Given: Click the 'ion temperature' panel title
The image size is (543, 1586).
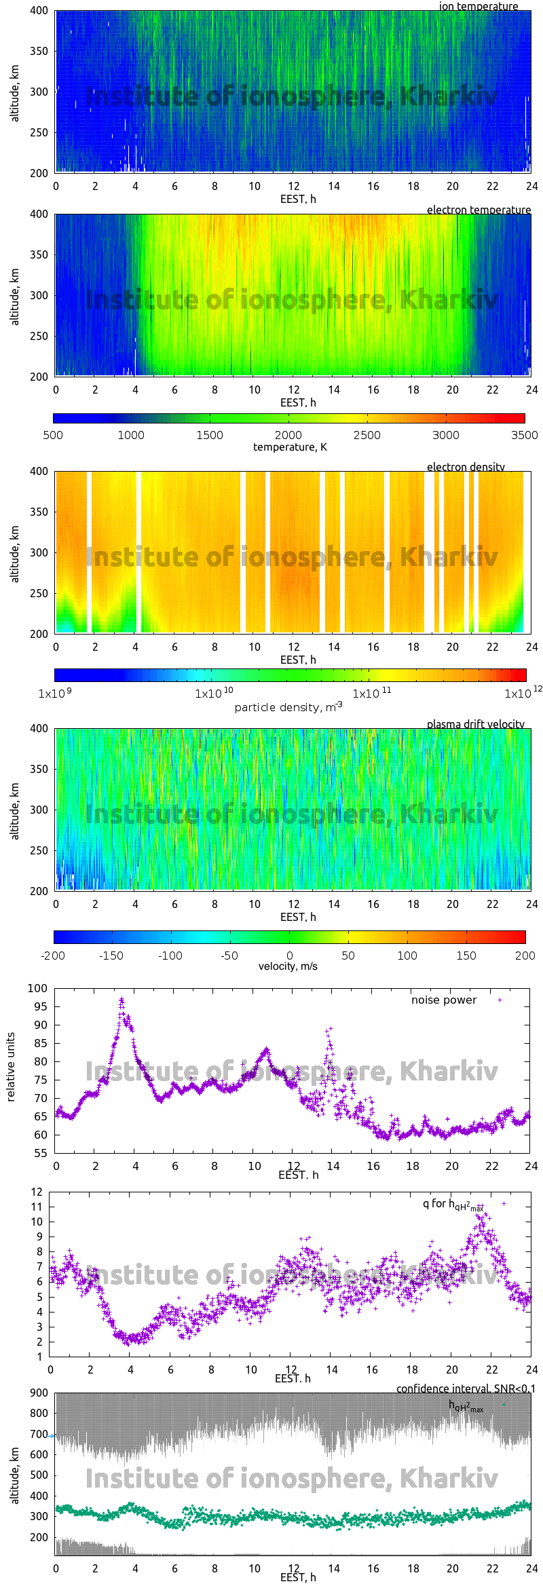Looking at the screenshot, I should coord(479,6).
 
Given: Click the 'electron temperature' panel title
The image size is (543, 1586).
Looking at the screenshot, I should coord(479,210).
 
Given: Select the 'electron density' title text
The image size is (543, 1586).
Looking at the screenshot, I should coord(466,467).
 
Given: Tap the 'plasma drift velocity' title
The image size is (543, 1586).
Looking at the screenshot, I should coord(475,724).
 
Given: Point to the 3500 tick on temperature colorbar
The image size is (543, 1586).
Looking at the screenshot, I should coord(524,435).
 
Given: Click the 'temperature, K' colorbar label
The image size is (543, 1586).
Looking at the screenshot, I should coord(290,447).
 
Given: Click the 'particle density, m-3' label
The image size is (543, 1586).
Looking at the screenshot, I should coord(288,707).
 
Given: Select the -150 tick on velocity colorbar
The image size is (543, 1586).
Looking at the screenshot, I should coord(111,956).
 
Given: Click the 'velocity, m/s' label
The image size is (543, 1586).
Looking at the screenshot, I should coord(288,966).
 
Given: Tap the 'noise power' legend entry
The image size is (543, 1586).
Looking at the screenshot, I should coord(444,1000).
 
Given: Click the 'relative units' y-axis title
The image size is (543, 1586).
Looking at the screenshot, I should coord(11,1067).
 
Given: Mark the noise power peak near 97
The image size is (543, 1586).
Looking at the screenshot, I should coord(121,1000).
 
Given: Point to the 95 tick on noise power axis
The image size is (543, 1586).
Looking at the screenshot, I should coord(38,1006).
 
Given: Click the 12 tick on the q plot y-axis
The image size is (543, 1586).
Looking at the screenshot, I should coord(37,1192).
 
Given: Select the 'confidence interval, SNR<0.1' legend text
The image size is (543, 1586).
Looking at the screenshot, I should coord(465,1389).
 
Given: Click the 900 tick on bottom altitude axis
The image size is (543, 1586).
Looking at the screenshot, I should coord(39,1393).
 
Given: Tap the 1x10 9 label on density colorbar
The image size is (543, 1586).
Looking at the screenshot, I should coord(55,694).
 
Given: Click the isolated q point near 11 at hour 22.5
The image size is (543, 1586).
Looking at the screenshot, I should coord(504,1203).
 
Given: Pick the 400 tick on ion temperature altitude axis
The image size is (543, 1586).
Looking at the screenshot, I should coord(39,11).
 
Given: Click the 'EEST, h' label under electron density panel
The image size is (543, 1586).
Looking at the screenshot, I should coord(298,660).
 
